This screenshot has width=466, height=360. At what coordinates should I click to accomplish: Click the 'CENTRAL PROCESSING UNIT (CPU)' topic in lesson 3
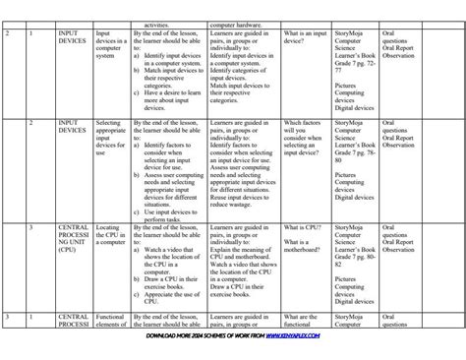click(73, 238)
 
